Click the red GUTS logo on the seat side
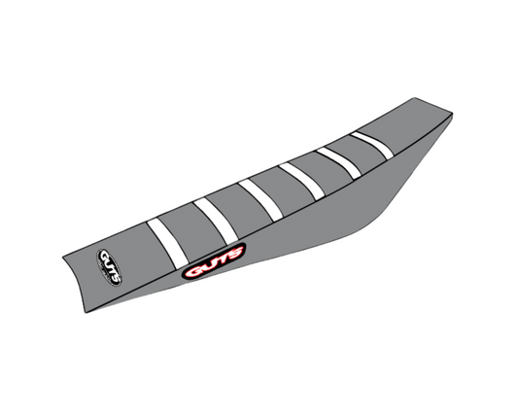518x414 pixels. [x=214, y=261]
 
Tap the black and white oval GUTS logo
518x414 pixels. [x=109, y=267]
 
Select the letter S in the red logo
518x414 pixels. [x=234, y=253]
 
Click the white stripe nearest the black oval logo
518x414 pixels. [x=167, y=244]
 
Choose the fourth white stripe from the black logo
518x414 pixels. [x=301, y=181]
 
